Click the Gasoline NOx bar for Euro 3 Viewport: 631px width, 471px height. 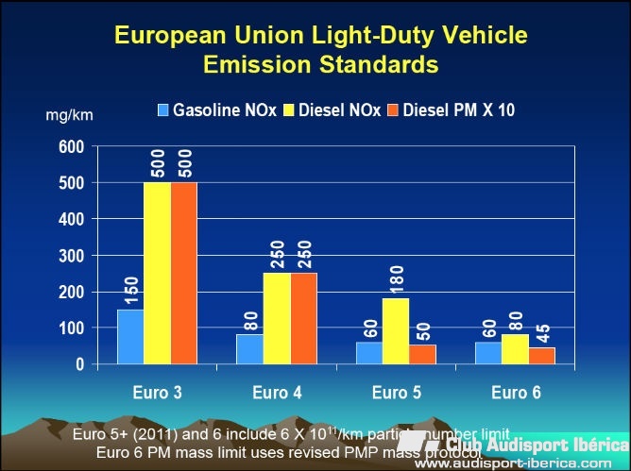point(130,337)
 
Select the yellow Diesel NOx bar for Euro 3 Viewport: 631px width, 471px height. point(157,274)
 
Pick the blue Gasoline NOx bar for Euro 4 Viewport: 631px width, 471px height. point(249,349)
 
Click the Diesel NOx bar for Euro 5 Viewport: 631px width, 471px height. point(396,331)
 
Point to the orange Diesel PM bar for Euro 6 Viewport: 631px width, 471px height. point(541,356)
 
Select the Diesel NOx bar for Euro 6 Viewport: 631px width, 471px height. point(515,349)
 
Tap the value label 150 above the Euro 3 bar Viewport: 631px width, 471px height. point(130,288)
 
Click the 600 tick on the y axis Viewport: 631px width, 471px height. point(72,147)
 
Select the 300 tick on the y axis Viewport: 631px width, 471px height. point(72,256)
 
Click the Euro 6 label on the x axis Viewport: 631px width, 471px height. point(515,393)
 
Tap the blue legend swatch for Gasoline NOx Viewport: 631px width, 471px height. point(163,110)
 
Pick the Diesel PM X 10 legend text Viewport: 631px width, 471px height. point(459,110)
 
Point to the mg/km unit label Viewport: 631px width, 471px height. point(69,115)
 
